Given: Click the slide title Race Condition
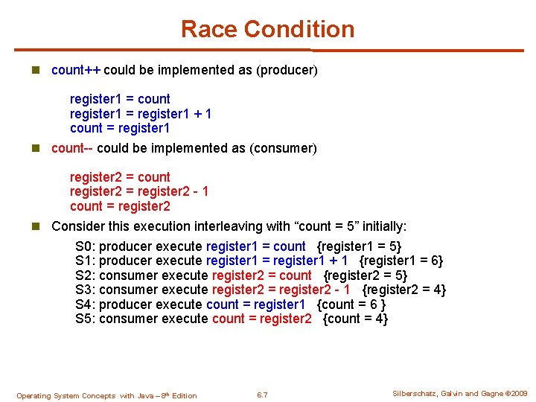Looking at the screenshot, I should (x=267, y=29).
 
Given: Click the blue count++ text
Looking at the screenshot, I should (x=76, y=70).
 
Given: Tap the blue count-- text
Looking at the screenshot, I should (x=72, y=148).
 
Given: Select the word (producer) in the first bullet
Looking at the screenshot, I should (x=287, y=70).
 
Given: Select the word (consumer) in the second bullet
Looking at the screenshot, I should (x=286, y=148).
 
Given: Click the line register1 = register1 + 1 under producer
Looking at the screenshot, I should (x=141, y=113).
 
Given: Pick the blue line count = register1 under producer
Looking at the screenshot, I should (x=120, y=128).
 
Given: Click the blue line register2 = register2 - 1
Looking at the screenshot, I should (x=139, y=191).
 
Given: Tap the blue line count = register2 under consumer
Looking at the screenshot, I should (x=120, y=206).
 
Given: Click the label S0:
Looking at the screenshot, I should (x=86, y=246).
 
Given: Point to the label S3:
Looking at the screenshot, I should (x=86, y=290).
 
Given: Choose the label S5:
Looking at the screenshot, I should (x=86, y=319).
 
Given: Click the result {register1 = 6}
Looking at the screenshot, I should (x=401, y=261).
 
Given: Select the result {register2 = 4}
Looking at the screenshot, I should (x=403, y=290).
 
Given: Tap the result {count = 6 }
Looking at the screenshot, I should (x=351, y=304).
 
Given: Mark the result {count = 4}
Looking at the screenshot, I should (x=355, y=319).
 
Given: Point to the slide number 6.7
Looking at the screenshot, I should (x=261, y=395).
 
